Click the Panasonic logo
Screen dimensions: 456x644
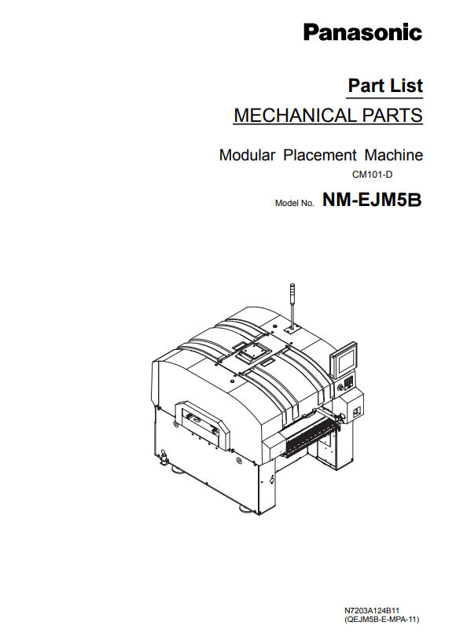362,32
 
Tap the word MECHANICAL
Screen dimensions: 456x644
295,115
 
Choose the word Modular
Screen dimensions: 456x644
247,155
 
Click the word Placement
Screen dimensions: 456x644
320,155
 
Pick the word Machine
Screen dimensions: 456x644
394,155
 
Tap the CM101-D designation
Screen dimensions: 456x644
372,175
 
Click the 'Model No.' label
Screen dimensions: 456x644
295,204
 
